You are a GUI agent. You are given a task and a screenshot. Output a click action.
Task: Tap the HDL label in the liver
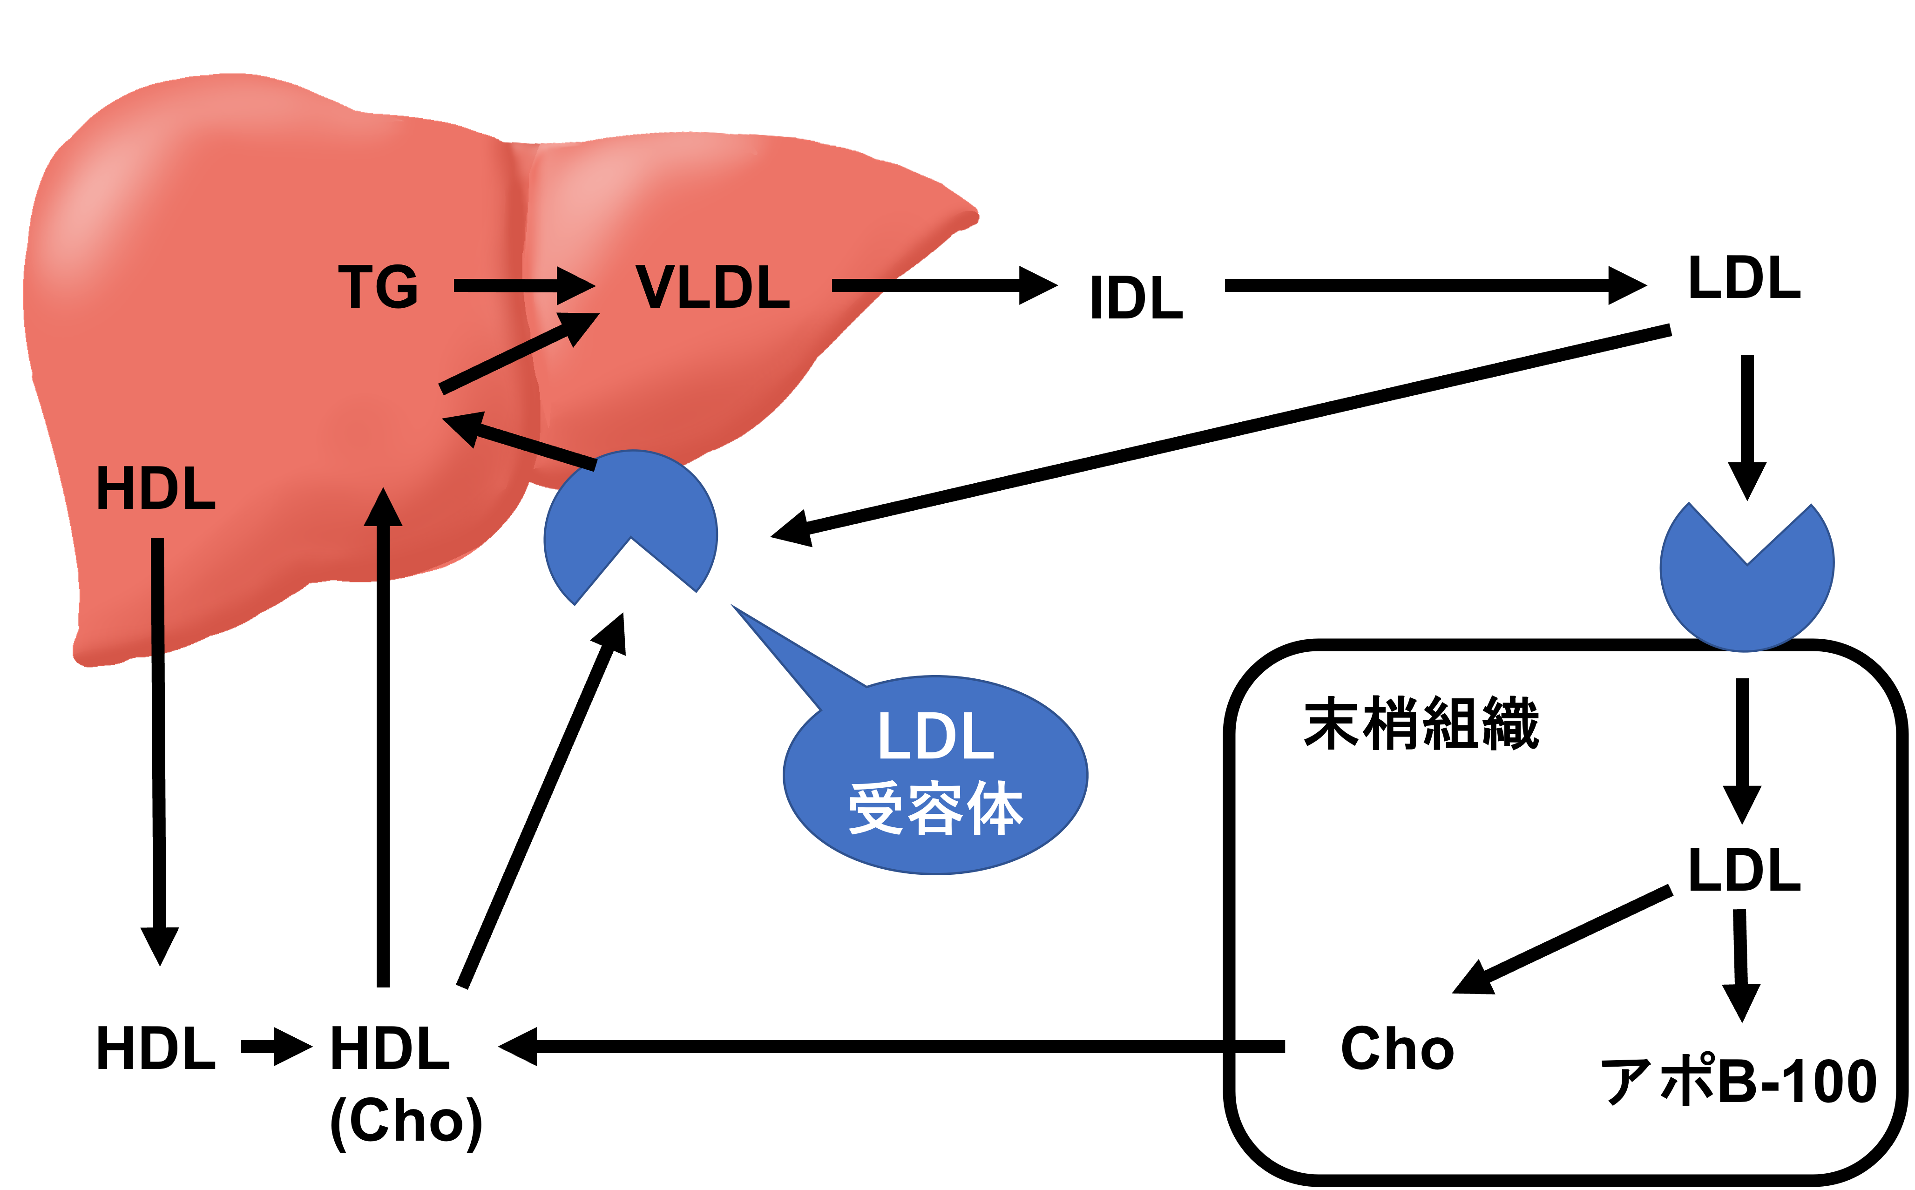click(x=156, y=489)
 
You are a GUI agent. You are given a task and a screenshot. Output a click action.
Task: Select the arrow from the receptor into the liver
click(x=520, y=441)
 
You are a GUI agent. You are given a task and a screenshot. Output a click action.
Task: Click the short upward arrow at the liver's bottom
click(x=383, y=535)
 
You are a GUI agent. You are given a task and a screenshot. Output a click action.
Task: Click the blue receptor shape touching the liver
click(x=629, y=504)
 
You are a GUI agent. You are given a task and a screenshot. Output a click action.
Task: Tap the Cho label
click(x=1397, y=1049)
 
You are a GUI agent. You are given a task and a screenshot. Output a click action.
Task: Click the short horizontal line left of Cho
click(x=1260, y=1047)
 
